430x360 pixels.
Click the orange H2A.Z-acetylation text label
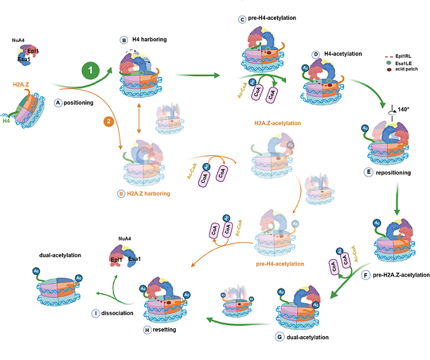pyautogui.click(x=278, y=123)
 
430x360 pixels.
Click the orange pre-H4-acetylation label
pyautogui.click(x=279, y=263)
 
